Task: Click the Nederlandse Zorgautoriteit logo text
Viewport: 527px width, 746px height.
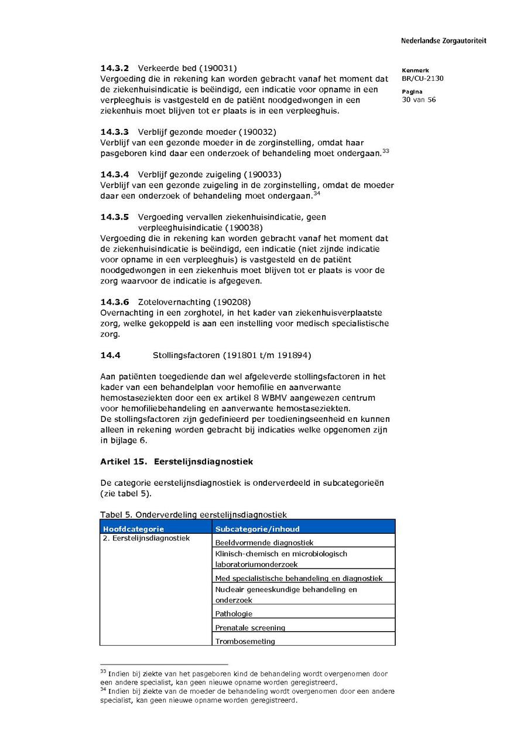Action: [443, 41]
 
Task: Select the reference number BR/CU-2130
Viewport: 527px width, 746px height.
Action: [423, 79]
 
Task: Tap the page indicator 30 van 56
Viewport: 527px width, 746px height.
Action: [419, 100]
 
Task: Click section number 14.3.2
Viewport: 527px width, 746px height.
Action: [114, 68]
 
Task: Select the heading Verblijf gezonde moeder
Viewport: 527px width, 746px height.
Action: [187, 132]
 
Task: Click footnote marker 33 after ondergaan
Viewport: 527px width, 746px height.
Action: [385, 151]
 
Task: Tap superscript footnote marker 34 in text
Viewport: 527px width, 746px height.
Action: [316, 193]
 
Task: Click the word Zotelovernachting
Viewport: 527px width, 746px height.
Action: [174, 302]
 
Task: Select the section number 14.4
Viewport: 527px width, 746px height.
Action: [110, 355]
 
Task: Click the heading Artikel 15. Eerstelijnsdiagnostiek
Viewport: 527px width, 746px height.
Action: [176, 462]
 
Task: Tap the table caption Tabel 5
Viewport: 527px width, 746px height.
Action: [116, 515]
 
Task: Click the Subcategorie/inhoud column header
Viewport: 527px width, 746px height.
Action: [257, 529]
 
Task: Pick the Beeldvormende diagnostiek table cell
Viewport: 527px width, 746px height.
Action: [264, 543]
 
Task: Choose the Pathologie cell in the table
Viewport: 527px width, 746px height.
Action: [234, 614]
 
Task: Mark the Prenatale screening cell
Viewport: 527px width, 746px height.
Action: [250, 628]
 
